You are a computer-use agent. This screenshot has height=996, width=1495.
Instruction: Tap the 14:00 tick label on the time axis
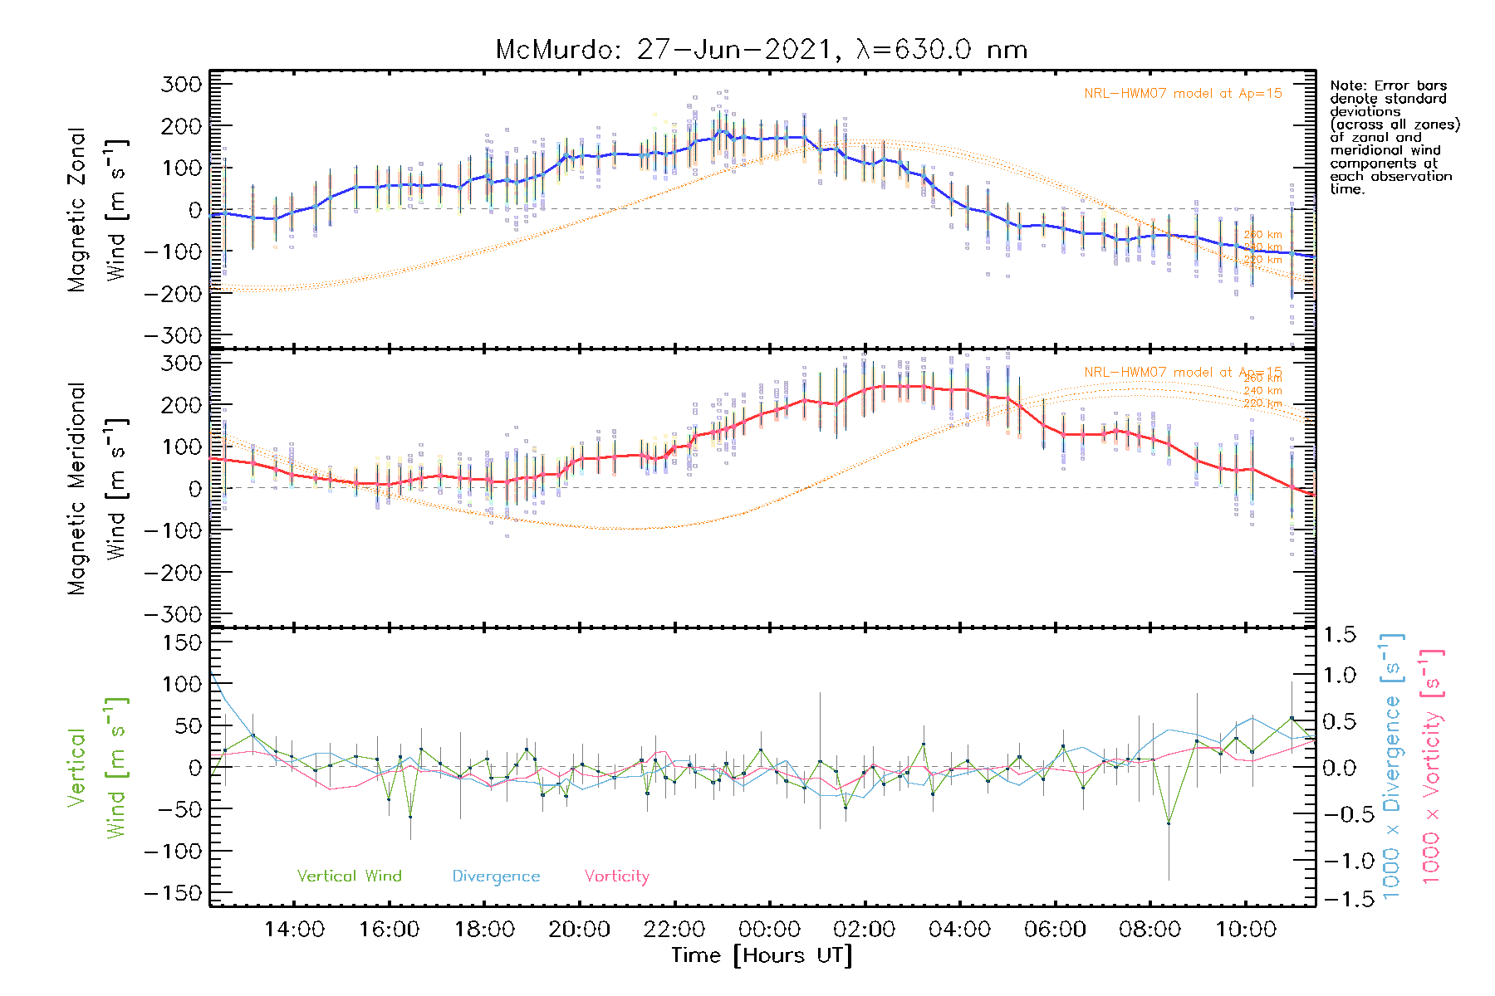pos(294,930)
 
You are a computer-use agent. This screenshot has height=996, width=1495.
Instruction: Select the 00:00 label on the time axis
pos(769,930)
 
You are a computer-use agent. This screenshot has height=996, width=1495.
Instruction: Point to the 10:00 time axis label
pos(1245,930)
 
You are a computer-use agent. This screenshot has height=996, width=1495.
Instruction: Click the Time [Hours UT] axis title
pos(762,955)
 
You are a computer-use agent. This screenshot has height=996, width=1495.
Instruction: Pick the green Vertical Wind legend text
pos(349,876)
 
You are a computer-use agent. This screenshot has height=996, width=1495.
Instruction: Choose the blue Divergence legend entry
pos(496,876)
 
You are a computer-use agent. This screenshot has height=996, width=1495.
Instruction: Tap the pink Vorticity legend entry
pos(616,876)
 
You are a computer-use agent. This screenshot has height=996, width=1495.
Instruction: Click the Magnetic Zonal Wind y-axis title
pos(96,209)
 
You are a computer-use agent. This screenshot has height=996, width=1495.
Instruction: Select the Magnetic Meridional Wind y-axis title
pos(96,488)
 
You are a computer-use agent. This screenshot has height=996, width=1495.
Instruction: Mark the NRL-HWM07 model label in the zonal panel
pos(1183,94)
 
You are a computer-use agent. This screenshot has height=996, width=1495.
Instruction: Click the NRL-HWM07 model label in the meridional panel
pos(1183,373)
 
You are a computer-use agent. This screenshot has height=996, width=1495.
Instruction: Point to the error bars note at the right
pos(1394,137)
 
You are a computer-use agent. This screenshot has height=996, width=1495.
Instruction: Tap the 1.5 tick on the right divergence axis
pos(1339,635)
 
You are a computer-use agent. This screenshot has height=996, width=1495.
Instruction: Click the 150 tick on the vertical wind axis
pos(183,642)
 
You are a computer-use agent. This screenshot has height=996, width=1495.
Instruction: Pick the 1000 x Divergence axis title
pos(1392,766)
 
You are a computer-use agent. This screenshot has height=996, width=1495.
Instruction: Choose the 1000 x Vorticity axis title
pos(1432,766)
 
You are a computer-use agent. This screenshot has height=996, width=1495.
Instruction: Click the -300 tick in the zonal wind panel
pos(173,335)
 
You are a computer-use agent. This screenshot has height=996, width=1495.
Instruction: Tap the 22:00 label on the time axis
pos(674,930)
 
